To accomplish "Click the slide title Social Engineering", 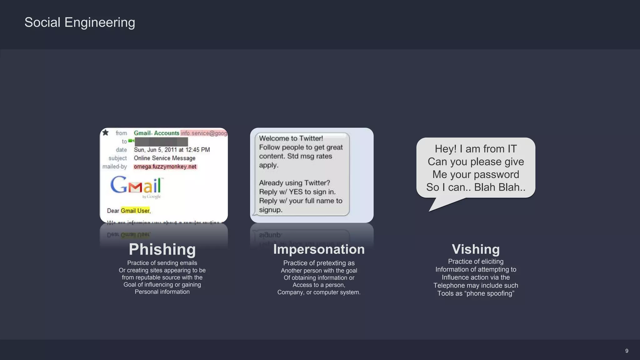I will pyautogui.click(x=80, y=22).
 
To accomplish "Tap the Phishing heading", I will pyautogui.click(x=162, y=249).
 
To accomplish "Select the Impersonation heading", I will pyautogui.click(x=319, y=249).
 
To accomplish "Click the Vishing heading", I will pyautogui.click(x=476, y=249).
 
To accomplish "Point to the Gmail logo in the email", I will pyautogui.click(x=136, y=186).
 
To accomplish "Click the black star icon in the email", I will pyautogui.click(x=106, y=132).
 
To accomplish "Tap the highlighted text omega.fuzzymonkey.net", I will pyautogui.click(x=165, y=167).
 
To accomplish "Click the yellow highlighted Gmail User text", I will pyautogui.click(x=135, y=211).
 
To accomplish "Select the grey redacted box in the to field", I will pyautogui.click(x=161, y=142).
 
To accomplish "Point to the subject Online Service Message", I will pyautogui.click(x=164, y=158).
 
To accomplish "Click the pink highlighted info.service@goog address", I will pyautogui.click(x=204, y=133).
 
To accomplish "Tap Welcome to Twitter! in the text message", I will pyautogui.click(x=291, y=138).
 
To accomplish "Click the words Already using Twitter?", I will pyautogui.click(x=294, y=183).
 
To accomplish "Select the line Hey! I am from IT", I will pyautogui.click(x=476, y=149).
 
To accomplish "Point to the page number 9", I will pyautogui.click(x=627, y=351).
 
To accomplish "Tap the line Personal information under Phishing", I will pyautogui.click(x=162, y=292).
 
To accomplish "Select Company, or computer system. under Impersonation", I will pyautogui.click(x=319, y=292).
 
